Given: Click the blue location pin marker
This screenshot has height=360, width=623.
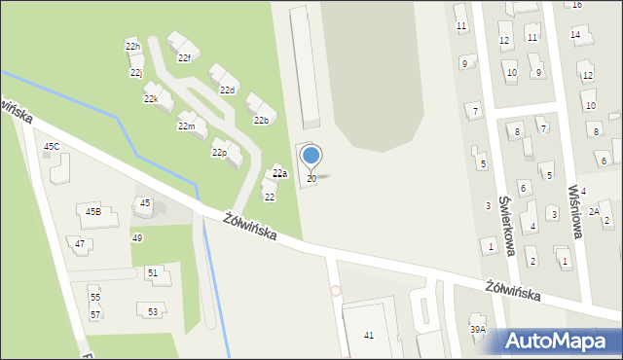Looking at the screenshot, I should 311,156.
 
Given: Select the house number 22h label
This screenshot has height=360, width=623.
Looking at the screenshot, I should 133,47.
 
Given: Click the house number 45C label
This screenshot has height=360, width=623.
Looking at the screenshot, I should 52,147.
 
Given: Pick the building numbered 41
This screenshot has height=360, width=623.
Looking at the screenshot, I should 369,335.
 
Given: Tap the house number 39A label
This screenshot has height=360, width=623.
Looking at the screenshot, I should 477,330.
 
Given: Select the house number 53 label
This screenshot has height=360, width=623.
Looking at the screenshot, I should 154,311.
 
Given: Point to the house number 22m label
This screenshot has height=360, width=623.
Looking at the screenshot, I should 186,126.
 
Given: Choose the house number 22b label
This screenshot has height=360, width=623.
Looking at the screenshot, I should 261,121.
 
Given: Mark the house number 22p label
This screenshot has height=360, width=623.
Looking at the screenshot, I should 219,153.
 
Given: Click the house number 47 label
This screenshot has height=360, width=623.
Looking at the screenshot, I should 80,243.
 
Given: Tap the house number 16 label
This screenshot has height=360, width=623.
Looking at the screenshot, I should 576,5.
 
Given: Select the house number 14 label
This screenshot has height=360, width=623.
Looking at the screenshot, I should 575,35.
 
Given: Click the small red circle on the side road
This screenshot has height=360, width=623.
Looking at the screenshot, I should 336,290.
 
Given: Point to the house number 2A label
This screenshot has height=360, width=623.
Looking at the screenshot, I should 594,211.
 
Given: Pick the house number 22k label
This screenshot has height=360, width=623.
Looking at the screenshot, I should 151,99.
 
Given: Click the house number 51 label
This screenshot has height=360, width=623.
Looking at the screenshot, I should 153,273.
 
